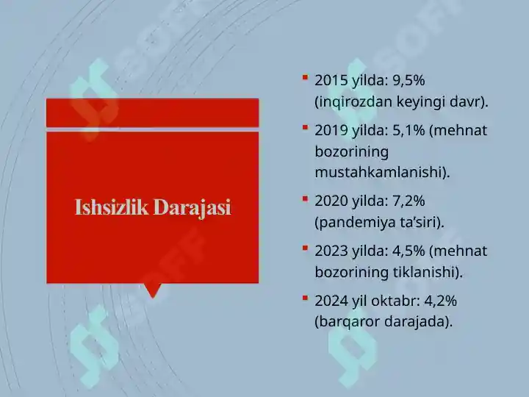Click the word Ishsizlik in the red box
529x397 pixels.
[x=112, y=207]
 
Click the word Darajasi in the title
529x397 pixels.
[x=192, y=207]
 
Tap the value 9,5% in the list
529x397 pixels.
[x=409, y=81]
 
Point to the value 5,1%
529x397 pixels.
[x=409, y=130]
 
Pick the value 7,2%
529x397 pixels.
[x=409, y=201]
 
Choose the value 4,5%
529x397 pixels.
[x=409, y=251]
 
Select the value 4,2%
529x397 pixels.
[x=440, y=301]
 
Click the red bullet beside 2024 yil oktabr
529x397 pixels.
[x=306, y=298]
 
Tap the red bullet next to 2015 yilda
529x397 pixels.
[x=306, y=78]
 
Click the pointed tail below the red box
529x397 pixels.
[x=153, y=290]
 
